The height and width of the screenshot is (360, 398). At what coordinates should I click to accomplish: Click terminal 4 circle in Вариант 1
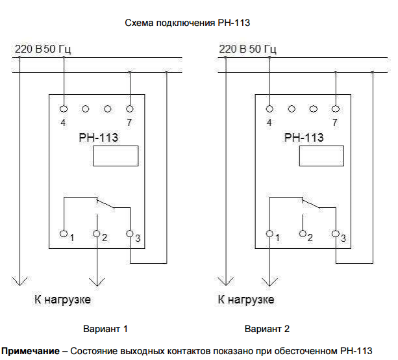[x=64, y=109]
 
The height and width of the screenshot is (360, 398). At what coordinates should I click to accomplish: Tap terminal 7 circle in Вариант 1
[x=130, y=109]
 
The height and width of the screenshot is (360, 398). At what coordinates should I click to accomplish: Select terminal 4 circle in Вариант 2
[x=269, y=109]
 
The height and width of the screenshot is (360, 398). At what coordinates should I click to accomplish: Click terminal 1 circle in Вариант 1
[x=64, y=233]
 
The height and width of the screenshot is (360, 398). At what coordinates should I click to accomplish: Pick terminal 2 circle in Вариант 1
[x=97, y=233]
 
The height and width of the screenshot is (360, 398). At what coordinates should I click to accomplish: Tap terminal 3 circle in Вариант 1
[x=130, y=233]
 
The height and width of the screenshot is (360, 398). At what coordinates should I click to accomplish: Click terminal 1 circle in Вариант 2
[x=269, y=233]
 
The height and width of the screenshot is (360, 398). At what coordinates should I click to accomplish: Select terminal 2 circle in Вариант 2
[x=303, y=233]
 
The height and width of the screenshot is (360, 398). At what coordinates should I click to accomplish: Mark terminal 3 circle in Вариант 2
[x=335, y=233]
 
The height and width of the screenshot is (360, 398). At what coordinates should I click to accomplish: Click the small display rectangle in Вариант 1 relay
[x=116, y=156]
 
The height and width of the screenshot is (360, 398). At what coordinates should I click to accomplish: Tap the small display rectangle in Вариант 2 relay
[x=321, y=156]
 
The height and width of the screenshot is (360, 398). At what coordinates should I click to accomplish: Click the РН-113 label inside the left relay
[x=97, y=137]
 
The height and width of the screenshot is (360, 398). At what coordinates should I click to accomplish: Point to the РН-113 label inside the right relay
[x=304, y=137]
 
